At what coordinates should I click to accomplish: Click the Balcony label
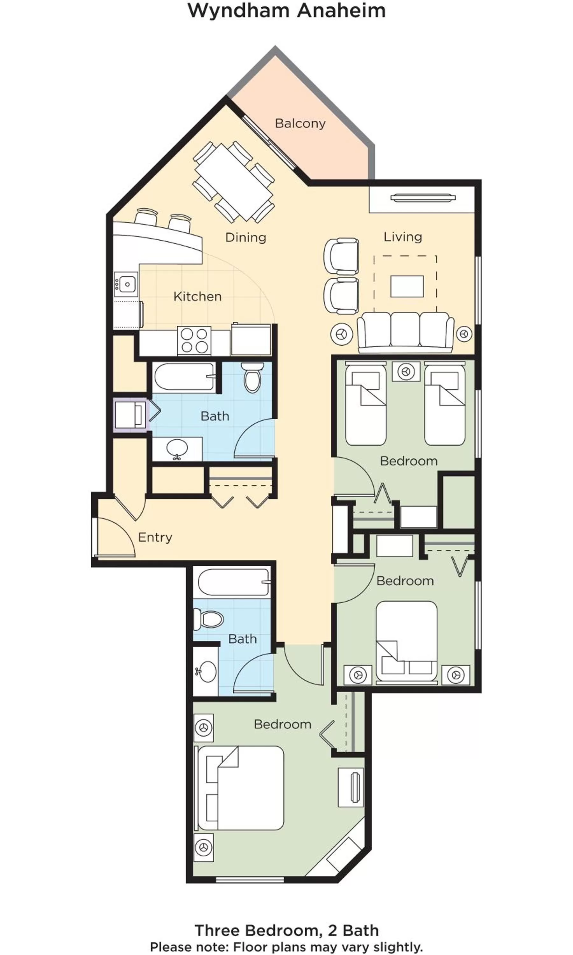[x=300, y=124]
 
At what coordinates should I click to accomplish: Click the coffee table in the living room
[x=407, y=286]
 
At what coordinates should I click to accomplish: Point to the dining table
[x=234, y=181]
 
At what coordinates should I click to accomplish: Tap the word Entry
[x=155, y=537]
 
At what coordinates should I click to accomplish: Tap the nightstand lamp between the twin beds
[x=406, y=372]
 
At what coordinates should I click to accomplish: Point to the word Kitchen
[x=197, y=296]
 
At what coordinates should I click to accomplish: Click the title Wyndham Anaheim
[x=286, y=11]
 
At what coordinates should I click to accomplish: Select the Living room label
[x=402, y=237]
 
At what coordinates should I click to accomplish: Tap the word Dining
[x=245, y=237]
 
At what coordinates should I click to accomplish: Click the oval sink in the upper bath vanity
[x=177, y=449]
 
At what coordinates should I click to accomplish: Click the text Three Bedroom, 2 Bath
[x=286, y=930]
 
